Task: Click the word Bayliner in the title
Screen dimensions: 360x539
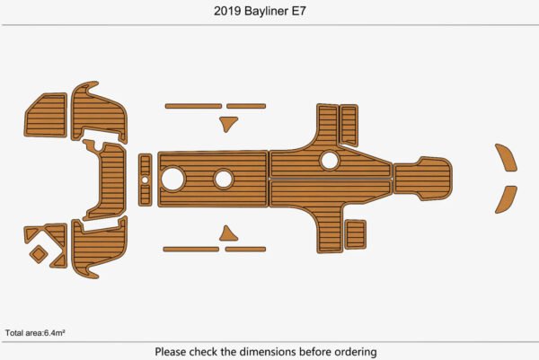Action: pos(269,13)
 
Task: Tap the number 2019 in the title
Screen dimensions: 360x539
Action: pos(229,13)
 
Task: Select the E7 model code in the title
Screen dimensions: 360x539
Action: pos(308,13)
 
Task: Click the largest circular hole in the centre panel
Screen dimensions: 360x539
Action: pos(173,179)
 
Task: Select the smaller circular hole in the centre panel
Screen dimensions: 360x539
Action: pos(223,179)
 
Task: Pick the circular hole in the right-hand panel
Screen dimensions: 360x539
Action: pos(330,161)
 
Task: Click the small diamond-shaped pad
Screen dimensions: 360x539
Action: pos(39,254)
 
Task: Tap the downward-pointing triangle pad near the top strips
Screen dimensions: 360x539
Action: pos(230,123)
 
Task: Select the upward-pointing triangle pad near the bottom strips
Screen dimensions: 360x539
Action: pos(230,234)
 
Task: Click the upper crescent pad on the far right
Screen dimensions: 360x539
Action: pos(508,157)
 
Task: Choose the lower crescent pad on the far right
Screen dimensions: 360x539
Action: pos(507,199)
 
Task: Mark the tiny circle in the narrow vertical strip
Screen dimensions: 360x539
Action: pos(145,180)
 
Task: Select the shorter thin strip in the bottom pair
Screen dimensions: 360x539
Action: pos(244,249)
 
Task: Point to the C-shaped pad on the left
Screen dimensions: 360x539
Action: pos(102,180)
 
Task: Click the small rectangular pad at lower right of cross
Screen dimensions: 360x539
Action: pos(355,234)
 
